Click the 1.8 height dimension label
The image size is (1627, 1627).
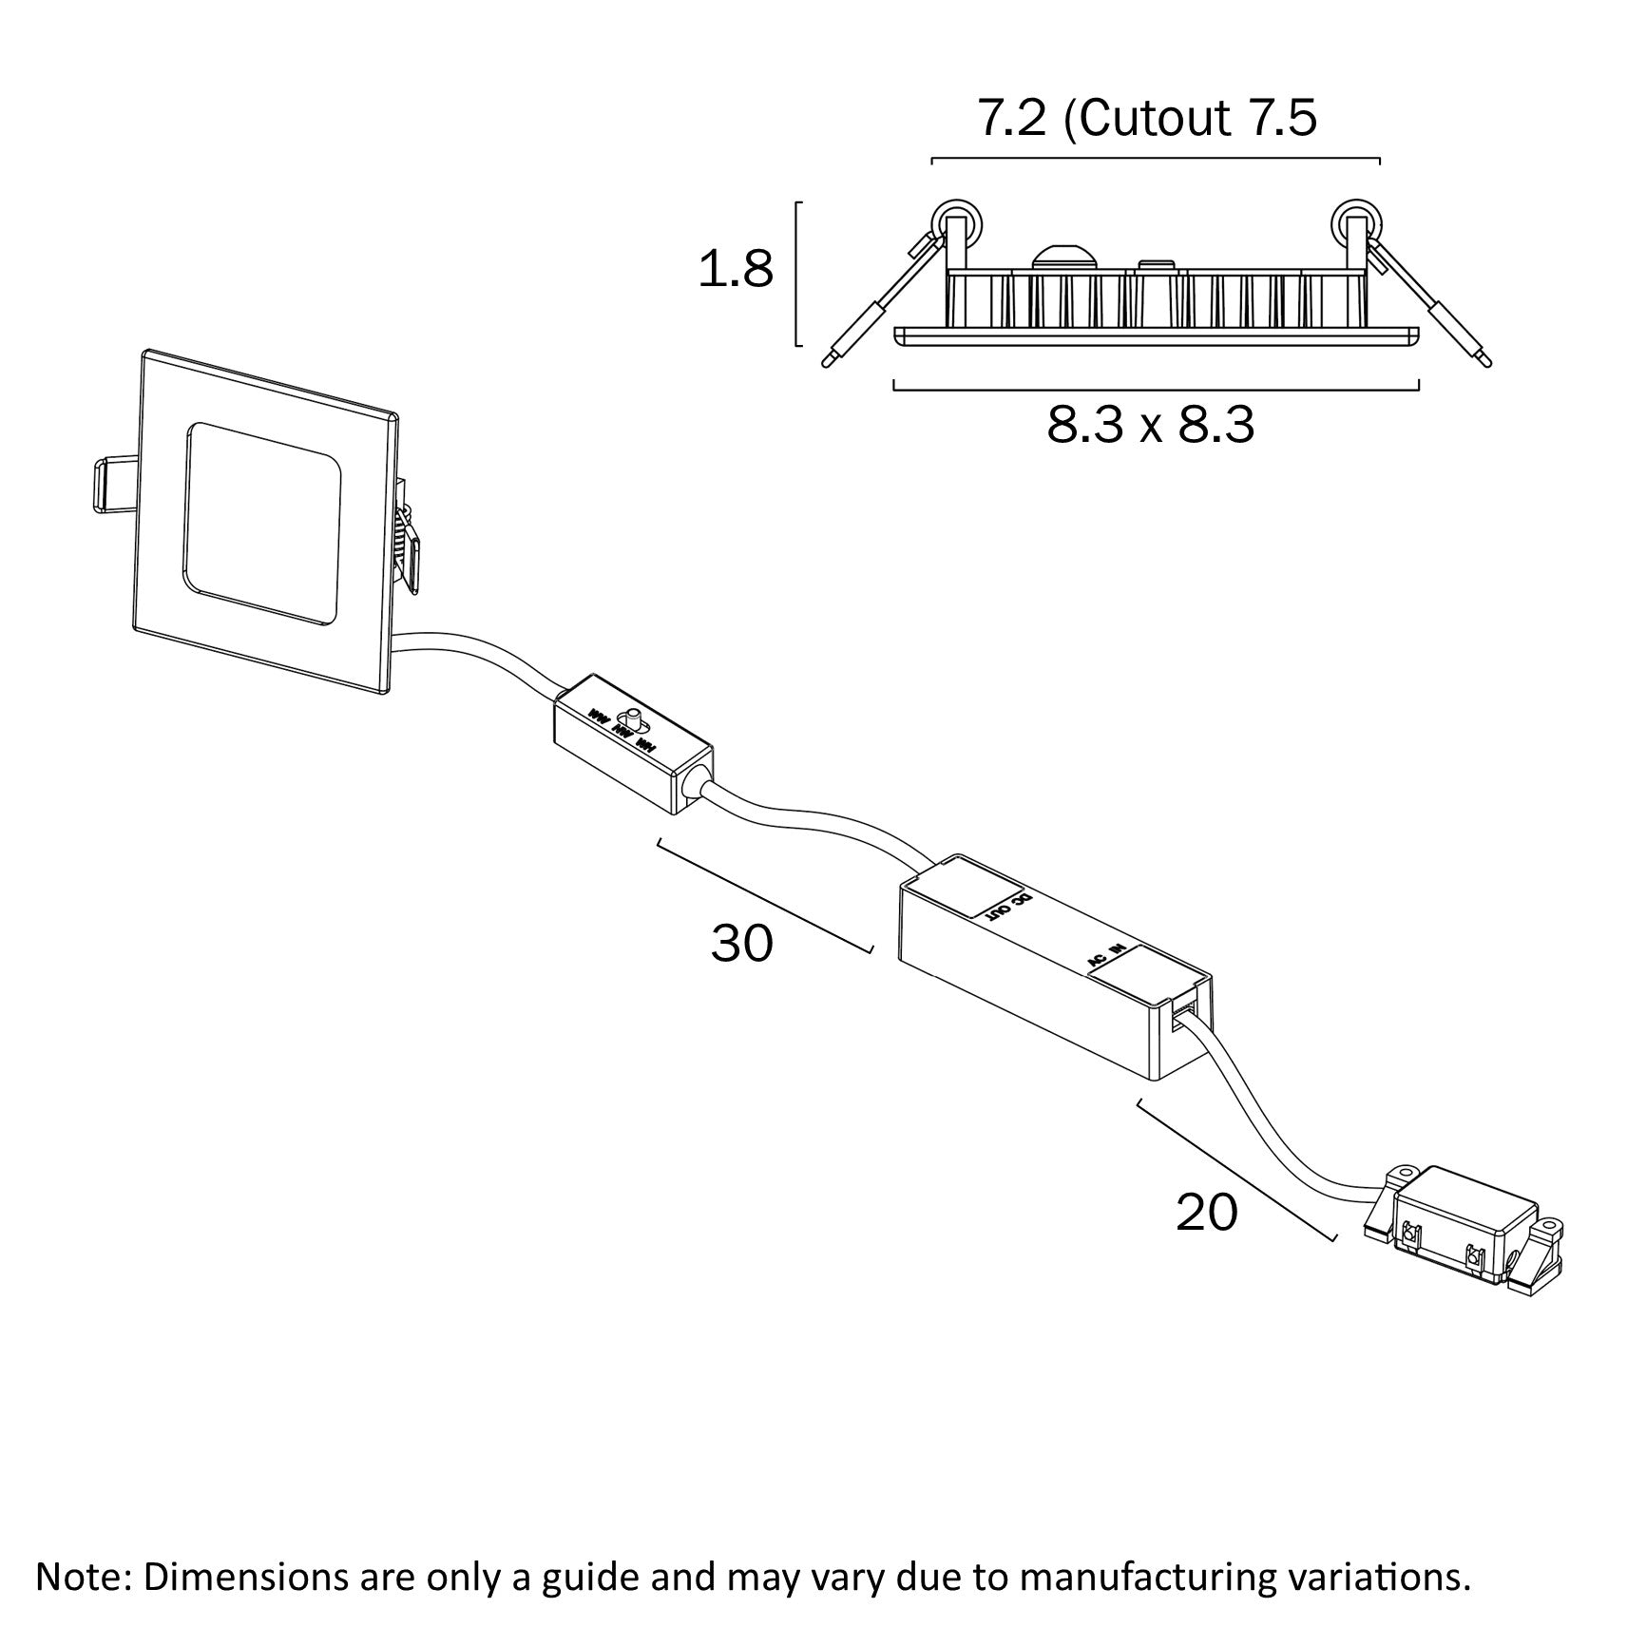736,271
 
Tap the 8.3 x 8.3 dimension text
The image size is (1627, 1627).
1151,426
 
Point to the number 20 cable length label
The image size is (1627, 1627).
1207,1213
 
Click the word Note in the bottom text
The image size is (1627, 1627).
80,1577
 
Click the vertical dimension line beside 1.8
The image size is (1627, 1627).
797,273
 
